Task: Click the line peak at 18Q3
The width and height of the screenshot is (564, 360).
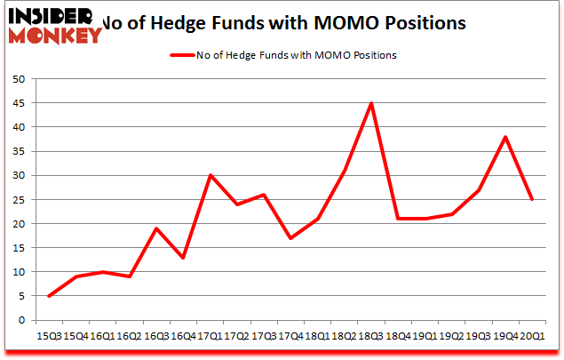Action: point(371,103)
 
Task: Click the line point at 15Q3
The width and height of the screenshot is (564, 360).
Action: point(49,296)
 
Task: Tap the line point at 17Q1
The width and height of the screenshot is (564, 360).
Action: point(210,175)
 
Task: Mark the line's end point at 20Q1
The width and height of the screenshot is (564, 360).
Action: point(532,199)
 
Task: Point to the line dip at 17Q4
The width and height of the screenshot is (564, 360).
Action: point(290,238)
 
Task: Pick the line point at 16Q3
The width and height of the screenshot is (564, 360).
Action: point(156,228)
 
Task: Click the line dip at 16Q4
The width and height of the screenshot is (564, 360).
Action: point(183,258)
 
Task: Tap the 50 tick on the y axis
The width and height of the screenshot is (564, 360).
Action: point(18,79)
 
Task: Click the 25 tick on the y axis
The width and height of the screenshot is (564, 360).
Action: point(18,199)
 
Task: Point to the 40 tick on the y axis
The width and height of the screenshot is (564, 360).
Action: point(18,127)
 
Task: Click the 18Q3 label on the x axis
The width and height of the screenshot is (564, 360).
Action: point(371,337)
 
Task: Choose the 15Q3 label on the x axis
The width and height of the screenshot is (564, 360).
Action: point(49,337)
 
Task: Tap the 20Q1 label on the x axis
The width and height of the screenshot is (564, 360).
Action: point(532,337)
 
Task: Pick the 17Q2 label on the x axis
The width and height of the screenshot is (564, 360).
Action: point(237,337)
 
